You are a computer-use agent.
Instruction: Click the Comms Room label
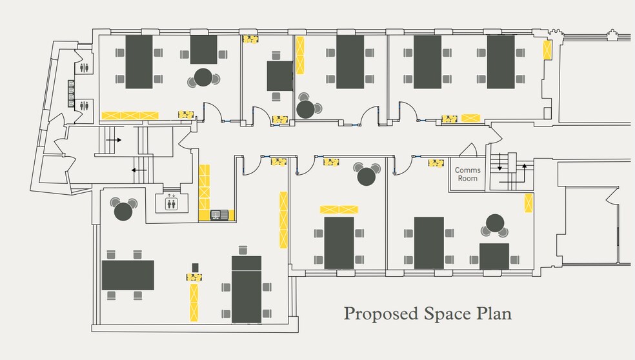(x=468, y=174)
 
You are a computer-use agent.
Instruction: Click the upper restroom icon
(x=85, y=68)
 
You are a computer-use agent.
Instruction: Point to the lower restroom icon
(x=85, y=106)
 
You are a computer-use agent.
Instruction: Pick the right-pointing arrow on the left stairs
(x=114, y=140)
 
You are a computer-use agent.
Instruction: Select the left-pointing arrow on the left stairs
(x=139, y=170)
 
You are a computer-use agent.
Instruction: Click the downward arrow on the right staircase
(x=499, y=161)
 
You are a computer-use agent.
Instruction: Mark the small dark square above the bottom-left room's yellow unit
(x=195, y=267)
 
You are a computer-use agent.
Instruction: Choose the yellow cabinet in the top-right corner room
(x=547, y=50)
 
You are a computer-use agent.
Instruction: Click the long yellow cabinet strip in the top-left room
(x=130, y=115)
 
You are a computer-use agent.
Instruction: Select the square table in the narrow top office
(x=279, y=76)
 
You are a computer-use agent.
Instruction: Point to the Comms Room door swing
(x=468, y=150)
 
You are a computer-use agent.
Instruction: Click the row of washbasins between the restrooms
(x=71, y=93)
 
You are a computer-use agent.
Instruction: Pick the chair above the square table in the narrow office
(x=276, y=55)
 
